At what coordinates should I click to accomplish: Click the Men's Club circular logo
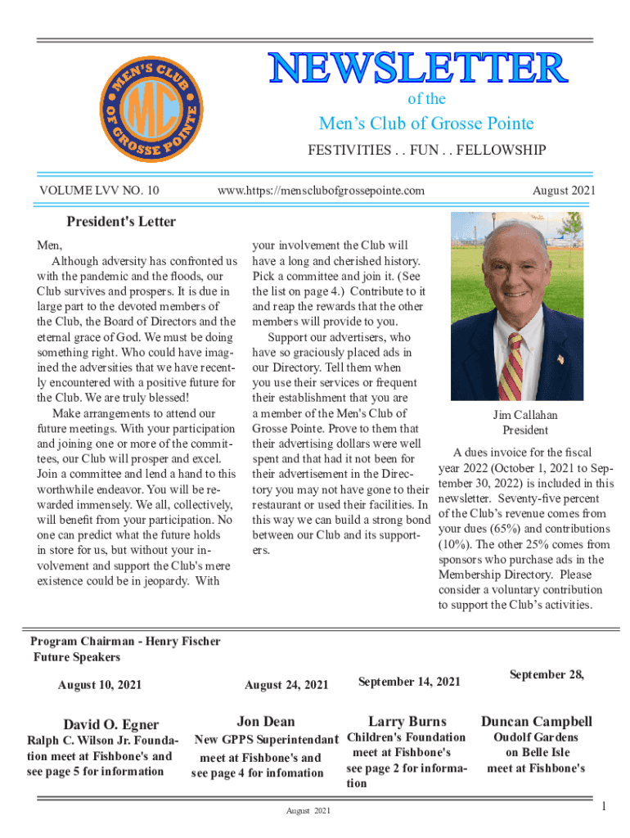point(150,110)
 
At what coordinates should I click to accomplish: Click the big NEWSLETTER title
point(417,69)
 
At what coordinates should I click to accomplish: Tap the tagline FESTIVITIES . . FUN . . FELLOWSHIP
point(425,151)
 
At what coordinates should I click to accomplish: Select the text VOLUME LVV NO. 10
point(99,191)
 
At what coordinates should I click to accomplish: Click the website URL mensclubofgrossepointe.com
point(321,191)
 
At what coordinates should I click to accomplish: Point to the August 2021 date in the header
point(564,191)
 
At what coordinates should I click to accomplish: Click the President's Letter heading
point(121,222)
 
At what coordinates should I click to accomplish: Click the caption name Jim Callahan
point(525,416)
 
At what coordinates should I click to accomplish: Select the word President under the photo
point(525,430)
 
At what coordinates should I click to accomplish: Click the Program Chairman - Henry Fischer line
point(125,642)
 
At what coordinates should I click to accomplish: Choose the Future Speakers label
point(76,657)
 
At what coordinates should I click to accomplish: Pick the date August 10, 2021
point(100,684)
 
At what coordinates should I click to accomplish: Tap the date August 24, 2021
point(286,684)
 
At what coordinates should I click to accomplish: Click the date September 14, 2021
point(409,682)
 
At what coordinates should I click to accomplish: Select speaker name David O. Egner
point(111,724)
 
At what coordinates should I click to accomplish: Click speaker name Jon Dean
point(266,721)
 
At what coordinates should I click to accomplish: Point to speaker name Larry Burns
point(407,721)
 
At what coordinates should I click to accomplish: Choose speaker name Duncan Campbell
point(537,721)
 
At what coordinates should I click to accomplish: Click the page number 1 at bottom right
point(604,808)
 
